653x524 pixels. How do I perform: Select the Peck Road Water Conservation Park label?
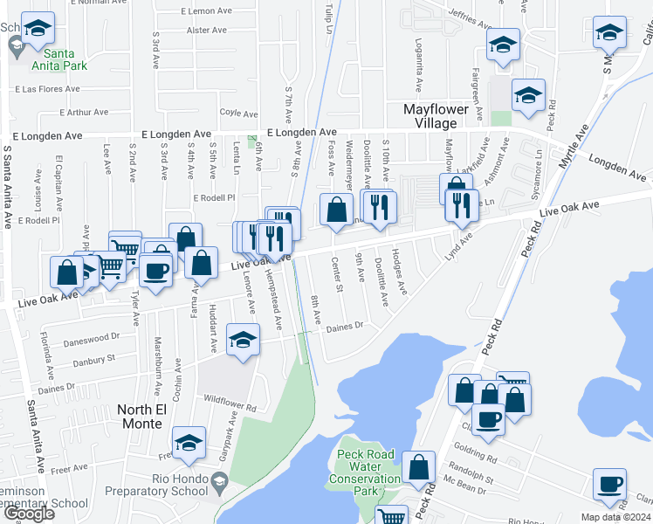[x=363, y=472]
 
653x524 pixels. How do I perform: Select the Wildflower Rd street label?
[x=230, y=408]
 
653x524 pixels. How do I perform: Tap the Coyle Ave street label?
[x=238, y=113]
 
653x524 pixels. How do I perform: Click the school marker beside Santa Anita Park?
[x=37, y=29]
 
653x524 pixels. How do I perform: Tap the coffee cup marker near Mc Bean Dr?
[x=609, y=484]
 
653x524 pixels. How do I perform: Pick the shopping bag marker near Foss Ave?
[x=336, y=210]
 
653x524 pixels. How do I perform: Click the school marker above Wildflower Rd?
[x=244, y=340]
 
